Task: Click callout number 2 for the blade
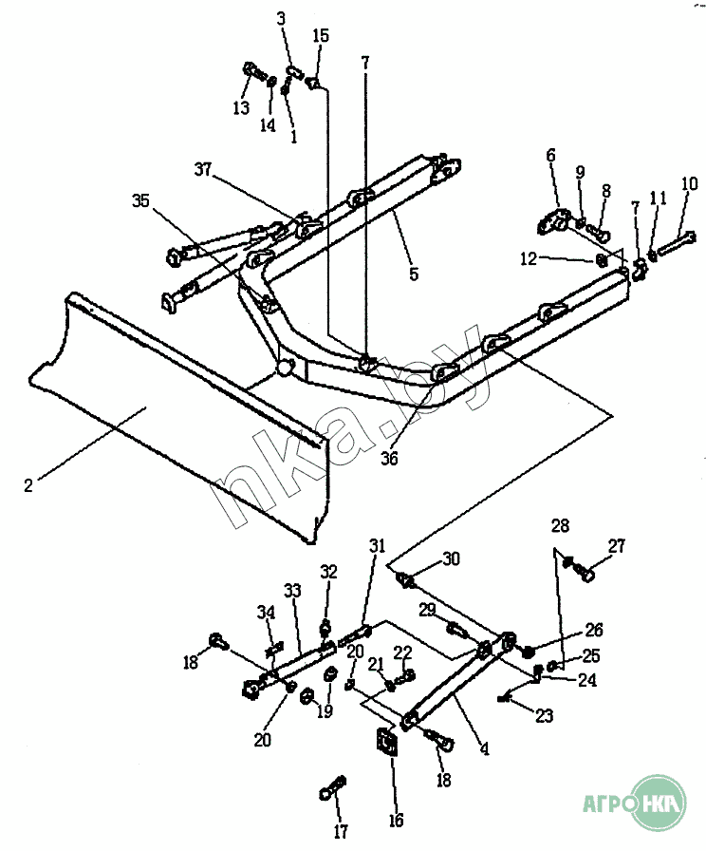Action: point(28,485)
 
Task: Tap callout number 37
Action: point(203,170)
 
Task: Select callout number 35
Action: point(140,200)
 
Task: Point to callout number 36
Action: point(389,459)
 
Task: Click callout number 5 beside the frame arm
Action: point(414,274)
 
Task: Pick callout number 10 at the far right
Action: point(689,183)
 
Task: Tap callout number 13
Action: point(241,107)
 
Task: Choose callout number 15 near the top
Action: point(321,36)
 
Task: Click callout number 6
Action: point(551,155)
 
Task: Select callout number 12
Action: point(529,259)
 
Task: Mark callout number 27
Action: point(617,546)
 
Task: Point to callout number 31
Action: point(378,545)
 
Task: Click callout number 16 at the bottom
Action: point(396,820)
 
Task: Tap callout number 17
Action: point(341,831)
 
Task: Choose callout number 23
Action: point(544,716)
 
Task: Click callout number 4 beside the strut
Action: point(484,749)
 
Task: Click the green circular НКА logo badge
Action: point(660,803)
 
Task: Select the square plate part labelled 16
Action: point(388,742)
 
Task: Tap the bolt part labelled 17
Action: point(332,787)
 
